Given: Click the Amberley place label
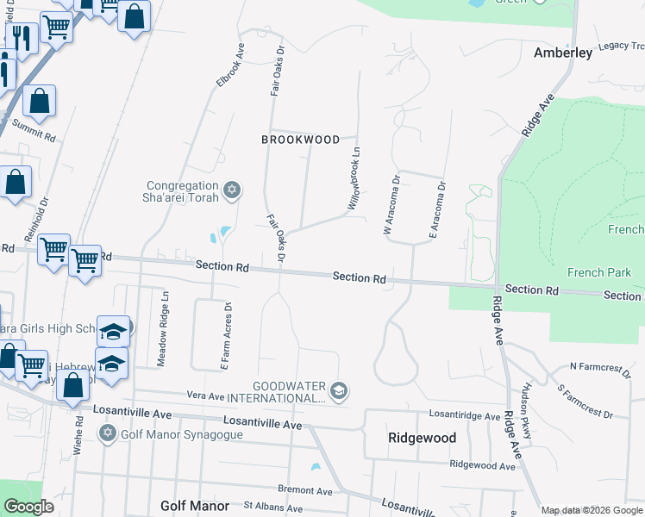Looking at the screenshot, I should click(x=563, y=53).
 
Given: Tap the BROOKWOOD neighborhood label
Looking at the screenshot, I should click(x=301, y=139).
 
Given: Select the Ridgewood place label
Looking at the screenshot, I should click(x=422, y=438).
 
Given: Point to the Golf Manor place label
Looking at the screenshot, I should click(x=195, y=506).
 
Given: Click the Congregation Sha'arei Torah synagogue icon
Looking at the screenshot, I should click(x=231, y=190).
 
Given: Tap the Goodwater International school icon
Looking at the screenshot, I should click(x=339, y=390).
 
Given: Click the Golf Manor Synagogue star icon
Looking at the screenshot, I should click(x=108, y=432).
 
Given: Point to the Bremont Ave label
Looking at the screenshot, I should click(x=305, y=489).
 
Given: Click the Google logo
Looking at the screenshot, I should click(x=28, y=507).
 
